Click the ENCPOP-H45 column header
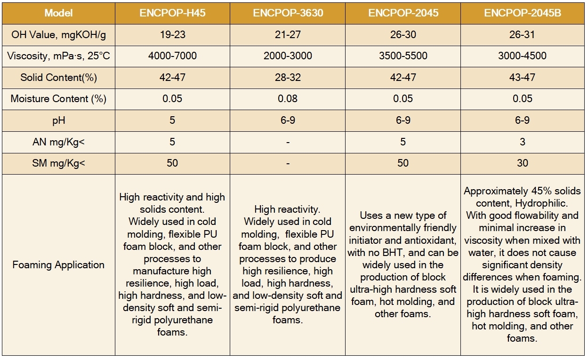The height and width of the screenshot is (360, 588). click(x=172, y=13)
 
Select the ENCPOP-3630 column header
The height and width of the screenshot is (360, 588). click(x=288, y=13)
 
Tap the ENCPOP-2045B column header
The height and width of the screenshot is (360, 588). click(x=522, y=13)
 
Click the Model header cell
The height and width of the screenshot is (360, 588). click(x=58, y=13)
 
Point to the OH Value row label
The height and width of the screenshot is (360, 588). click(x=58, y=34)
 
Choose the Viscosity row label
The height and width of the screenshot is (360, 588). click(x=58, y=56)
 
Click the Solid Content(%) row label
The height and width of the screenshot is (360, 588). click(x=58, y=77)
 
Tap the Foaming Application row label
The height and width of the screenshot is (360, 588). click(x=58, y=264)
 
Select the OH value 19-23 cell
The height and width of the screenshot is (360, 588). click(x=172, y=34)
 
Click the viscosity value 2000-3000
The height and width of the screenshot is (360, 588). click(x=288, y=56)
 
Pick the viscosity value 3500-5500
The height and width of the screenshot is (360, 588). click(x=403, y=56)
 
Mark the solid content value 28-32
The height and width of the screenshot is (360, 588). click(x=288, y=77)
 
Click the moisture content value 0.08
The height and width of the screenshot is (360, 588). click(x=288, y=99)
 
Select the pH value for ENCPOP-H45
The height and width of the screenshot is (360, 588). click(x=172, y=120)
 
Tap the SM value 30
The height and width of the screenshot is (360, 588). click(x=522, y=163)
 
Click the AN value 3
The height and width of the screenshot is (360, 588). click(x=522, y=142)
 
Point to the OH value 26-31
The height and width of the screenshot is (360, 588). click(x=522, y=34)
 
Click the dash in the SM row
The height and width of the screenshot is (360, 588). click(x=288, y=163)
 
